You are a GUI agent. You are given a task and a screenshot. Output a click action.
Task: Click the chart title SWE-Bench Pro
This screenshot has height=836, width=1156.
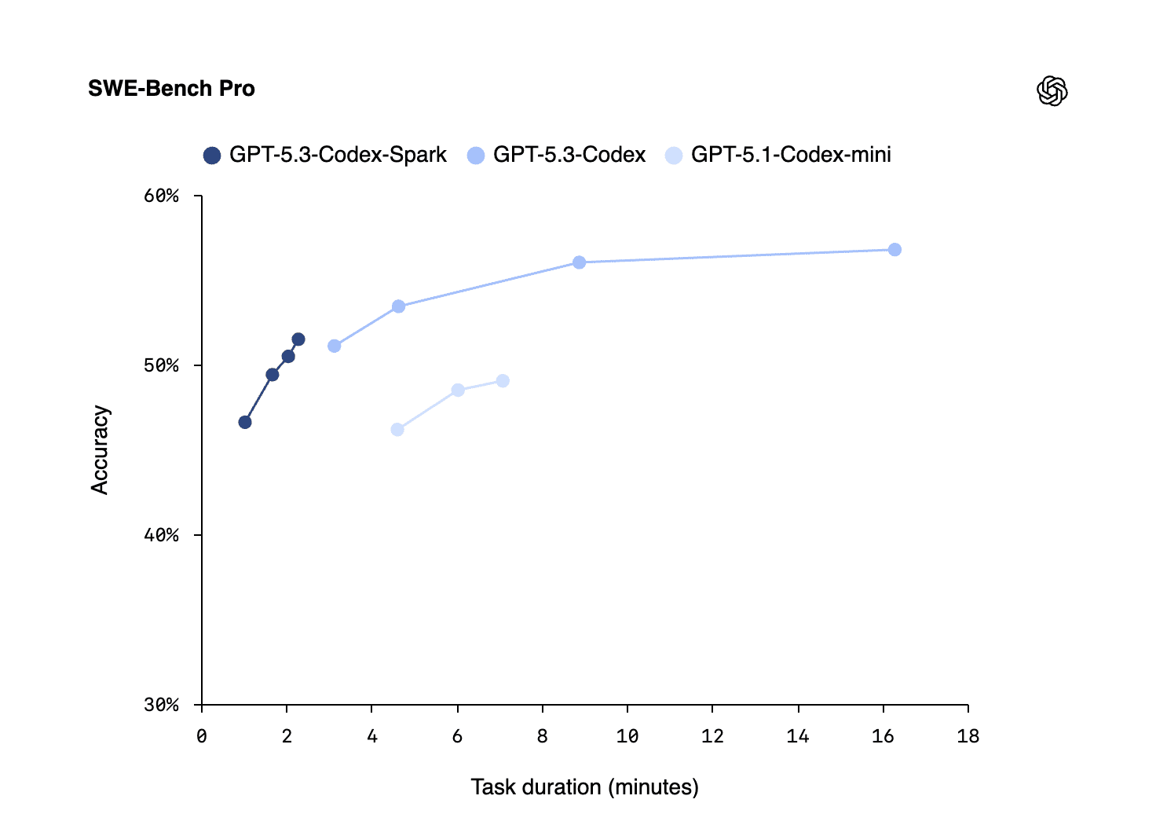pyautogui.click(x=171, y=89)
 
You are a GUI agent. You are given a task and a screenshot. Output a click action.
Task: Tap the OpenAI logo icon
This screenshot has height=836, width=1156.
pyautogui.click(x=1052, y=91)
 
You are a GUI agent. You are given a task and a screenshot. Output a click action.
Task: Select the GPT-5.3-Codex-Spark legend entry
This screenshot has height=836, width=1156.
pyautogui.click(x=325, y=155)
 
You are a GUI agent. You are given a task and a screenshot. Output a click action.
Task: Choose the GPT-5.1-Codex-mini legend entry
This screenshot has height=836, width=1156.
pyautogui.click(x=778, y=155)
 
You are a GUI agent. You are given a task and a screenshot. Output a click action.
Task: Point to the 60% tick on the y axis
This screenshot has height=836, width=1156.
pyautogui.click(x=162, y=196)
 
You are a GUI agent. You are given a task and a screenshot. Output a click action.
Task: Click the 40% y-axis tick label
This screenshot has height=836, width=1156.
pyautogui.click(x=162, y=535)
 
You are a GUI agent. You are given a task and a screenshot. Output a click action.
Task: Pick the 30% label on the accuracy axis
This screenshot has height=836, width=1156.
pyautogui.click(x=162, y=705)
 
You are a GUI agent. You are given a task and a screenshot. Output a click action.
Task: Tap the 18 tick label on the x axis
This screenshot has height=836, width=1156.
pyautogui.click(x=968, y=736)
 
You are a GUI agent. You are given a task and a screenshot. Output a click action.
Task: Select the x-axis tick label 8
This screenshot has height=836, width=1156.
pyautogui.click(x=543, y=736)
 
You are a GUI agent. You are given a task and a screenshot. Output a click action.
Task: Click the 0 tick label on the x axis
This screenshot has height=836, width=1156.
pyautogui.click(x=202, y=736)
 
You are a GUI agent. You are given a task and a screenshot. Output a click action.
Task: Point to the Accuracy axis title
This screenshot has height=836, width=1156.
pyautogui.click(x=100, y=449)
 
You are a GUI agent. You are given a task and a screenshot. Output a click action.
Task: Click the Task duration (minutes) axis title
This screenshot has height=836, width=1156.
pyautogui.click(x=584, y=787)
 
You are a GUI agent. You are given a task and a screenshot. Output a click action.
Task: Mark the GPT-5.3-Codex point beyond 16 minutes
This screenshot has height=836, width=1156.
pyautogui.click(x=894, y=250)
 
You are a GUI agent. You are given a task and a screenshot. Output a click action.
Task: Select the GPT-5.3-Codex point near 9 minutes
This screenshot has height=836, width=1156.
pyautogui.click(x=579, y=262)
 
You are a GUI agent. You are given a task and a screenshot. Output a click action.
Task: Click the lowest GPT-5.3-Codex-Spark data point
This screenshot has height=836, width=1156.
pyautogui.click(x=245, y=422)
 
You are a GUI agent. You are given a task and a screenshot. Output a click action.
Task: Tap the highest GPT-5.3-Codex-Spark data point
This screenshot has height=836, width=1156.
pyautogui.click(x=298, y=339)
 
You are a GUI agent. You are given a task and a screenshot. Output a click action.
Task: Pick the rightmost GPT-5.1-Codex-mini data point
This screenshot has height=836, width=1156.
pyautogui.click(x=503, y=381)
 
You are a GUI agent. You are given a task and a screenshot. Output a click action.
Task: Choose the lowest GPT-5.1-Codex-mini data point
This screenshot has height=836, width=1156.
pyautogui.click(x=397, y=430)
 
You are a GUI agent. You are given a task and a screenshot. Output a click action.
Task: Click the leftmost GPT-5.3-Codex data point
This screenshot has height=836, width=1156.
pyautogui.click(x=335, y=346)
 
